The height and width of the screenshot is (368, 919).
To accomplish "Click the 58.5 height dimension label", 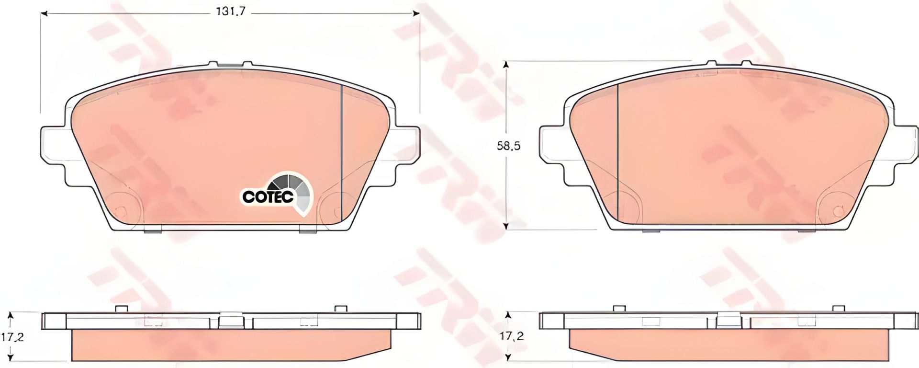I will (x=508, y=147).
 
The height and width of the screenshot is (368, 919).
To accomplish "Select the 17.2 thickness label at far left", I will (x=12, y=337).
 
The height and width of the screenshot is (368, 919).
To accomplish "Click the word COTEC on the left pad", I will (x=268, y=196).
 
